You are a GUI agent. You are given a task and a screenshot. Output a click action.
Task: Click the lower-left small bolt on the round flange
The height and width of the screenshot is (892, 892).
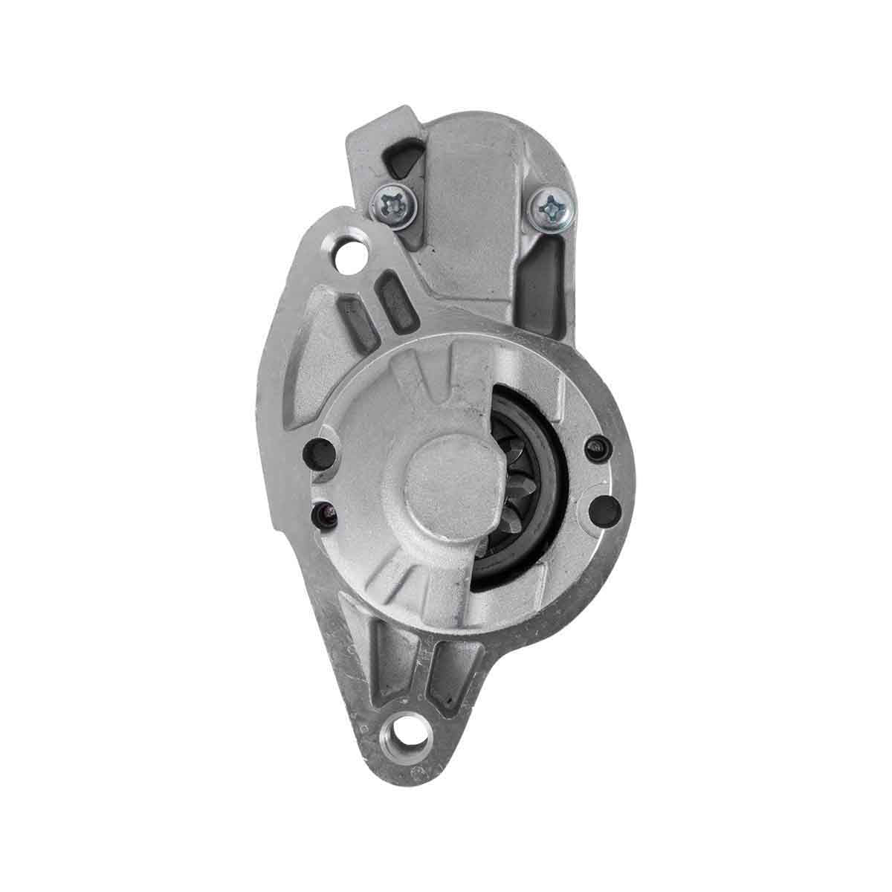[323, 512]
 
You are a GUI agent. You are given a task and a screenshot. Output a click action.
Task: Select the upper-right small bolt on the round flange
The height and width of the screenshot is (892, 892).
[595, 447]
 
